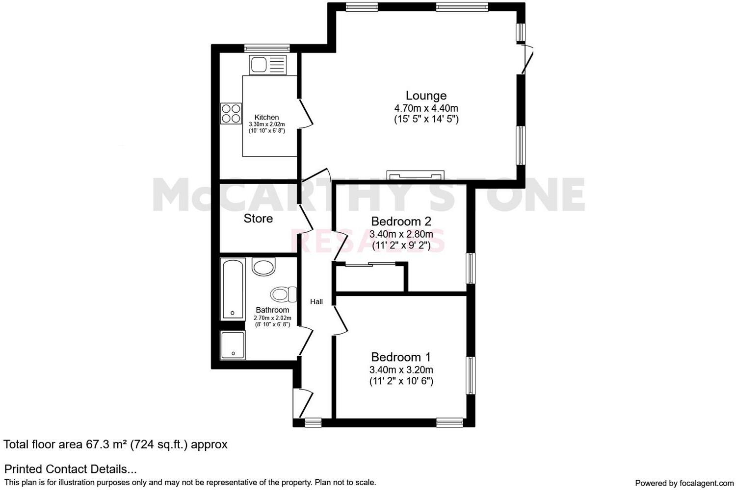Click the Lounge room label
click(425, 96)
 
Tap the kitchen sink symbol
click(268, 65)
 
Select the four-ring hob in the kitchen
click(231, 113)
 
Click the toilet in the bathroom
click(282, 294)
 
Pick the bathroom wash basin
click(263, 268)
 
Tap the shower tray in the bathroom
click(233, 345)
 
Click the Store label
click(258, 219)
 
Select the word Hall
click(316, 302)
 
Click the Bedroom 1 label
click(401, 357)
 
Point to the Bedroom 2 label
click(401, 221)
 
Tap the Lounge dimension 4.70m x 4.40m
click(426, 108)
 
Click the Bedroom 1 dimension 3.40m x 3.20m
click(401, 370)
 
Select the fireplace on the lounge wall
click(415, 175)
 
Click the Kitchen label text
click(266, 118)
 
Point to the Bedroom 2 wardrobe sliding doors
click(370, 265)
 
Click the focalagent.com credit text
click(684, 483)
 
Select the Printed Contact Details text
click(70, 469)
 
